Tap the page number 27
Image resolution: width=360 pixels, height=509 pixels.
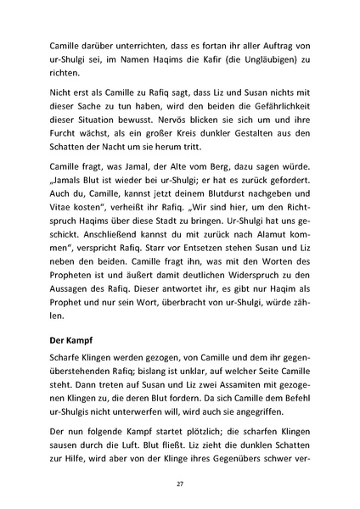180,480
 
